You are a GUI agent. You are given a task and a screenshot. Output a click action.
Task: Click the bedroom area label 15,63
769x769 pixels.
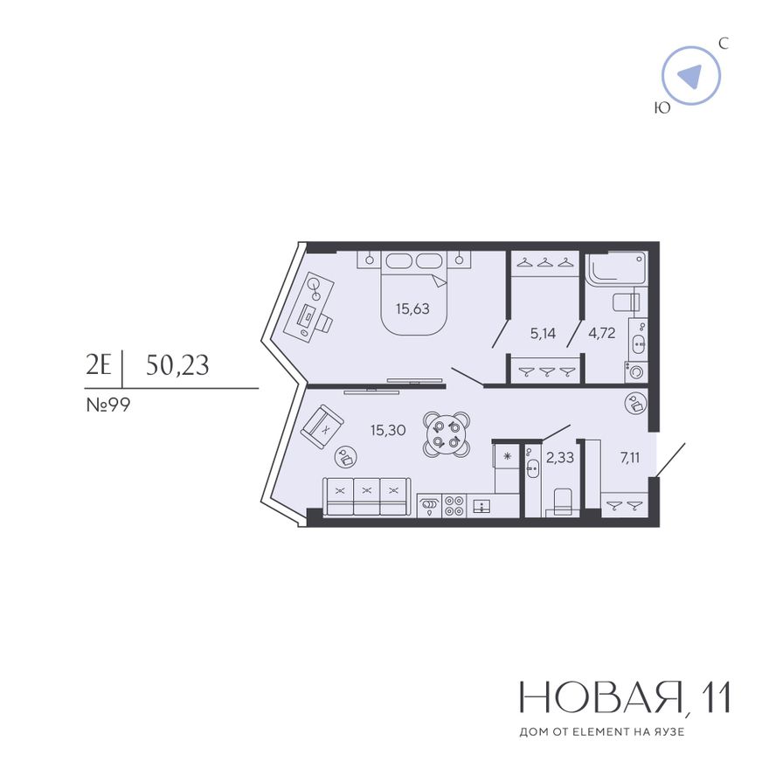(x=412, y=308)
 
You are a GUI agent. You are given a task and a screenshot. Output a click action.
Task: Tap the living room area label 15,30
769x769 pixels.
(x=388, y=430)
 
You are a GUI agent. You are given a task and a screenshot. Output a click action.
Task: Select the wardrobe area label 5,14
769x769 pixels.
(x=543, y=334)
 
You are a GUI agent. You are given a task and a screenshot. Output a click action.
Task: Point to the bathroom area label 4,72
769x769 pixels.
(x=602, y=333)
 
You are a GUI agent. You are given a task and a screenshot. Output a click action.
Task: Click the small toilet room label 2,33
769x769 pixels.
(x=559, y=457)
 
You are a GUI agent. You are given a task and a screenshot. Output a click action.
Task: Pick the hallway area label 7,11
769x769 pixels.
(x=630, y=458)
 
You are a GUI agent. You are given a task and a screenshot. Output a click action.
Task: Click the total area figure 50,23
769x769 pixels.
(x=177, y=365)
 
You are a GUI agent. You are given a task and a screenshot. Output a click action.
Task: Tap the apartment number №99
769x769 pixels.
(x=107, y=405)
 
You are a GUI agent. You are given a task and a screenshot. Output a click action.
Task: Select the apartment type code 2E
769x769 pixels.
(x=99, y=365)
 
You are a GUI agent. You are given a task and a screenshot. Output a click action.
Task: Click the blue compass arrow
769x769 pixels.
(x=691, y=76)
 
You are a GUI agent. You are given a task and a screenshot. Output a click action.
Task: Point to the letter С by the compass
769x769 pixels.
(x=724, y=44)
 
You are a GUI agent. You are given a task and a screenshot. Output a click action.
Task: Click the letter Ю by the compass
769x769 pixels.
(x=662, y=107)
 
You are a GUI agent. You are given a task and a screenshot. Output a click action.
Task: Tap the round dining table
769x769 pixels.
(x=447, y=434)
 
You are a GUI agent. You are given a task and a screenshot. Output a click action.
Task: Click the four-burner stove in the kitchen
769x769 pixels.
(x=454, y=506)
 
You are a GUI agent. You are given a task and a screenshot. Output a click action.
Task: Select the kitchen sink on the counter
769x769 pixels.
(x=482, y=506)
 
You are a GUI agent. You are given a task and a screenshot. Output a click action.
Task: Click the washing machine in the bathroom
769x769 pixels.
(x=636, y=372)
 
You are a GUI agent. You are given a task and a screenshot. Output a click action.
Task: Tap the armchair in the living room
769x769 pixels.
(x=322, y=426)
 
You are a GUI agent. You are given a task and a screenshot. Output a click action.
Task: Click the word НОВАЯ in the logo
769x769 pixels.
(x=601, y=697)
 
